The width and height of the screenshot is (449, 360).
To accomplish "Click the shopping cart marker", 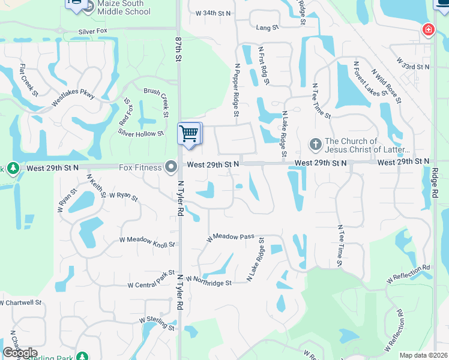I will point(190,134).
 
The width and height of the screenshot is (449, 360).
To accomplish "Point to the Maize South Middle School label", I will point(115,7).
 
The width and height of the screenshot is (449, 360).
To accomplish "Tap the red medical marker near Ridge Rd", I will point(427,29).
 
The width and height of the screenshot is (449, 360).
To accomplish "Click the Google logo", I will point(20,353).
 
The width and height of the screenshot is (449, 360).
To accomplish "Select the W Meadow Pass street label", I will point(231,238).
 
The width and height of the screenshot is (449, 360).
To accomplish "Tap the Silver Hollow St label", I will point(140,133).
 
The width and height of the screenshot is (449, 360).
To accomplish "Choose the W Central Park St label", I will point(151,283).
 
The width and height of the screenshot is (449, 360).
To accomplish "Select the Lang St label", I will point(267,28).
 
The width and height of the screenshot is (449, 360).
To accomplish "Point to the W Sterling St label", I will point(156,324).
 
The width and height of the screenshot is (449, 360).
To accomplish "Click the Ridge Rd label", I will point(434,183).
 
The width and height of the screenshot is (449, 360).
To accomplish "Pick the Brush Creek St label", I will point(164,100).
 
